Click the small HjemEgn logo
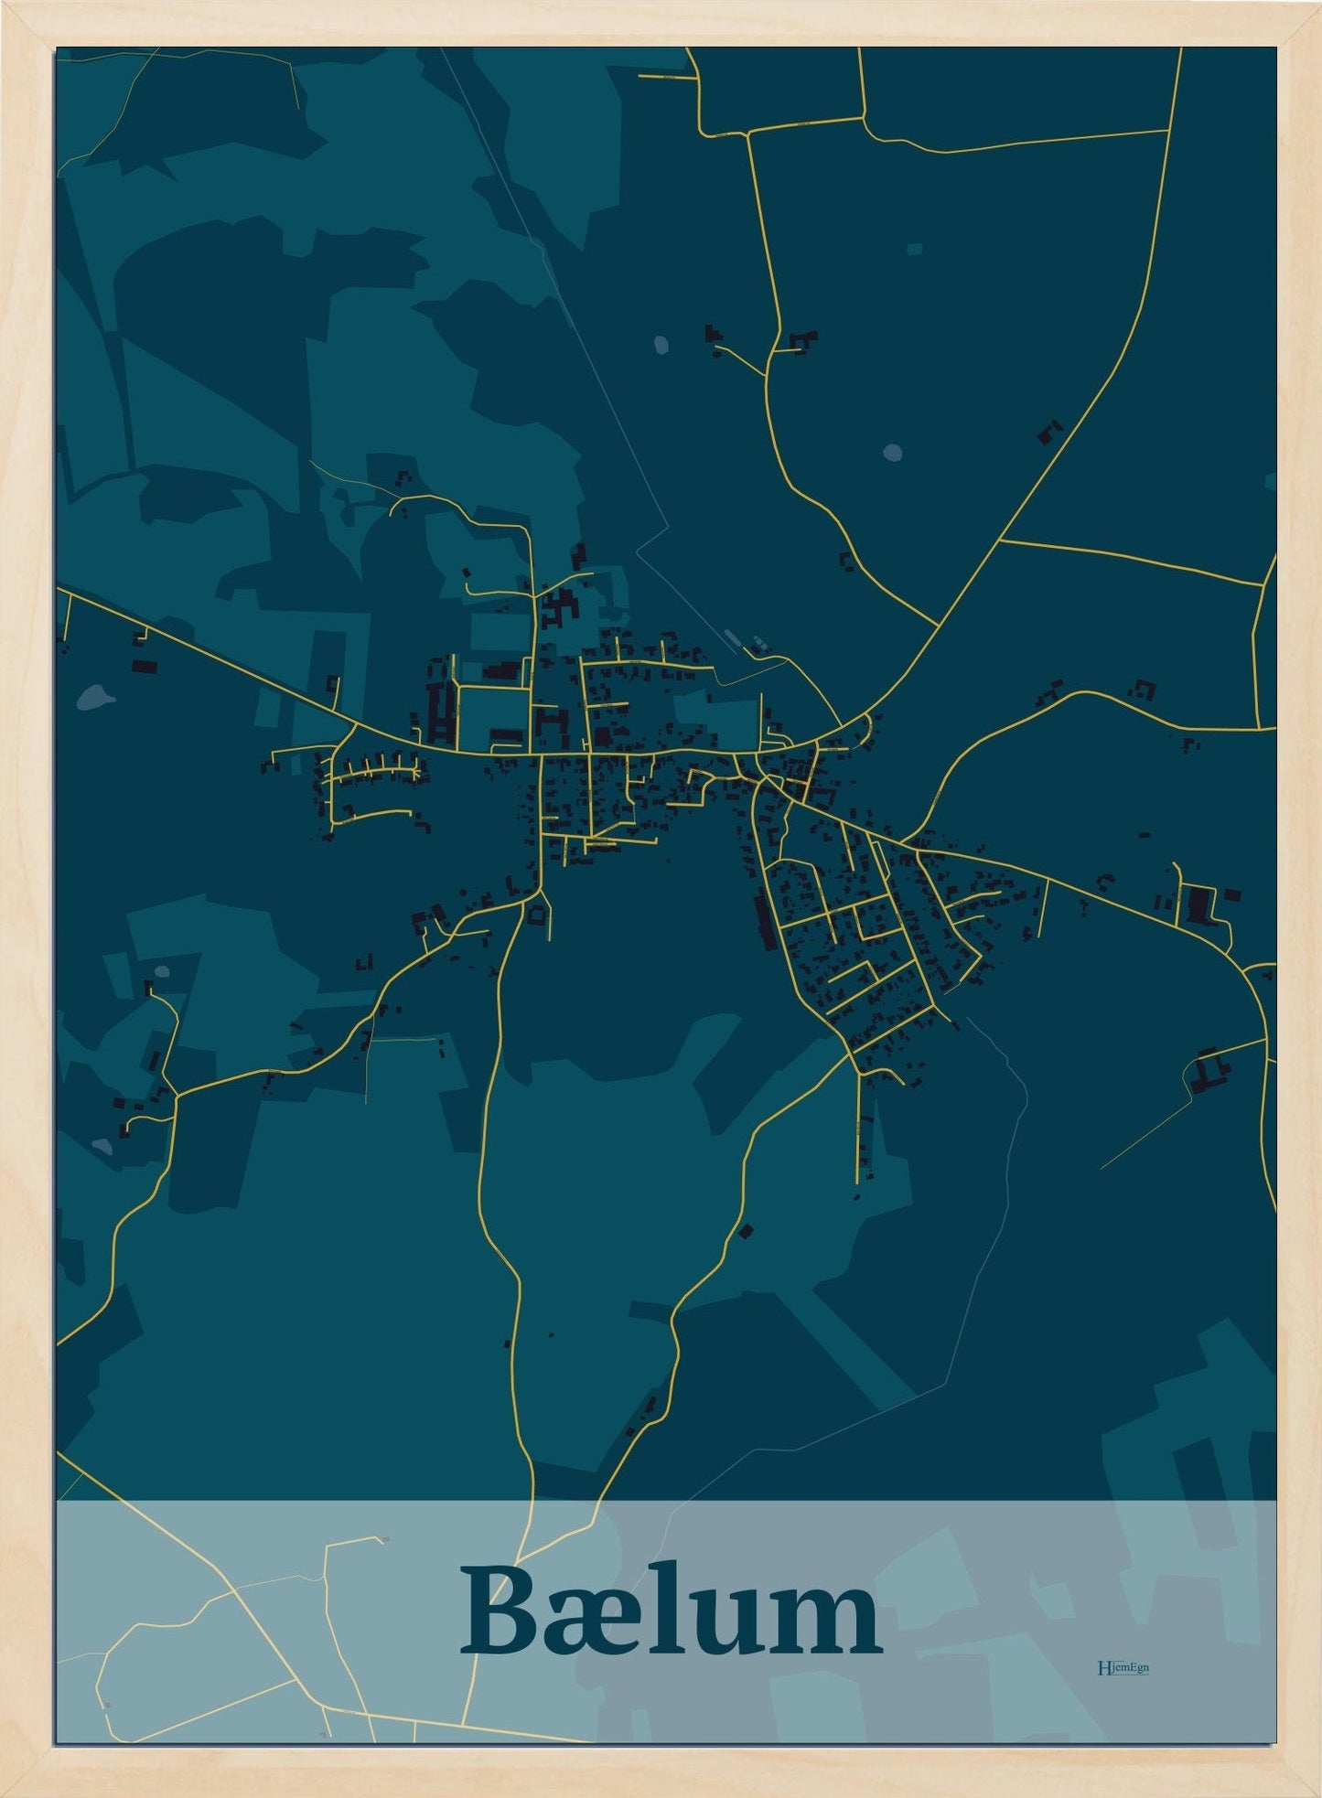click(x=1123, y=1667)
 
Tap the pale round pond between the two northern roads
click(x=892, y=452)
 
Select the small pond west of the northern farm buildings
click(x=661, y=345)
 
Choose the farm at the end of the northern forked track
click(x=713, y=334)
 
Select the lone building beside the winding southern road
click(x=745, y=1231)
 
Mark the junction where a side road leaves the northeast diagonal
click(x=1001, y=540)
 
